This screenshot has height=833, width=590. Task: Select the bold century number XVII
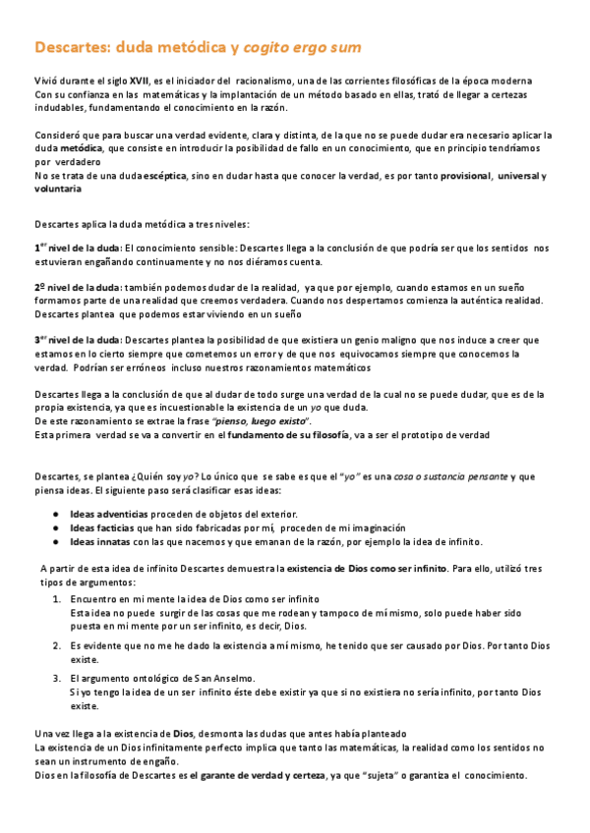(140, 81)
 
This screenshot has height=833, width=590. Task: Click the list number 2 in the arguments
(56, 645)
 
